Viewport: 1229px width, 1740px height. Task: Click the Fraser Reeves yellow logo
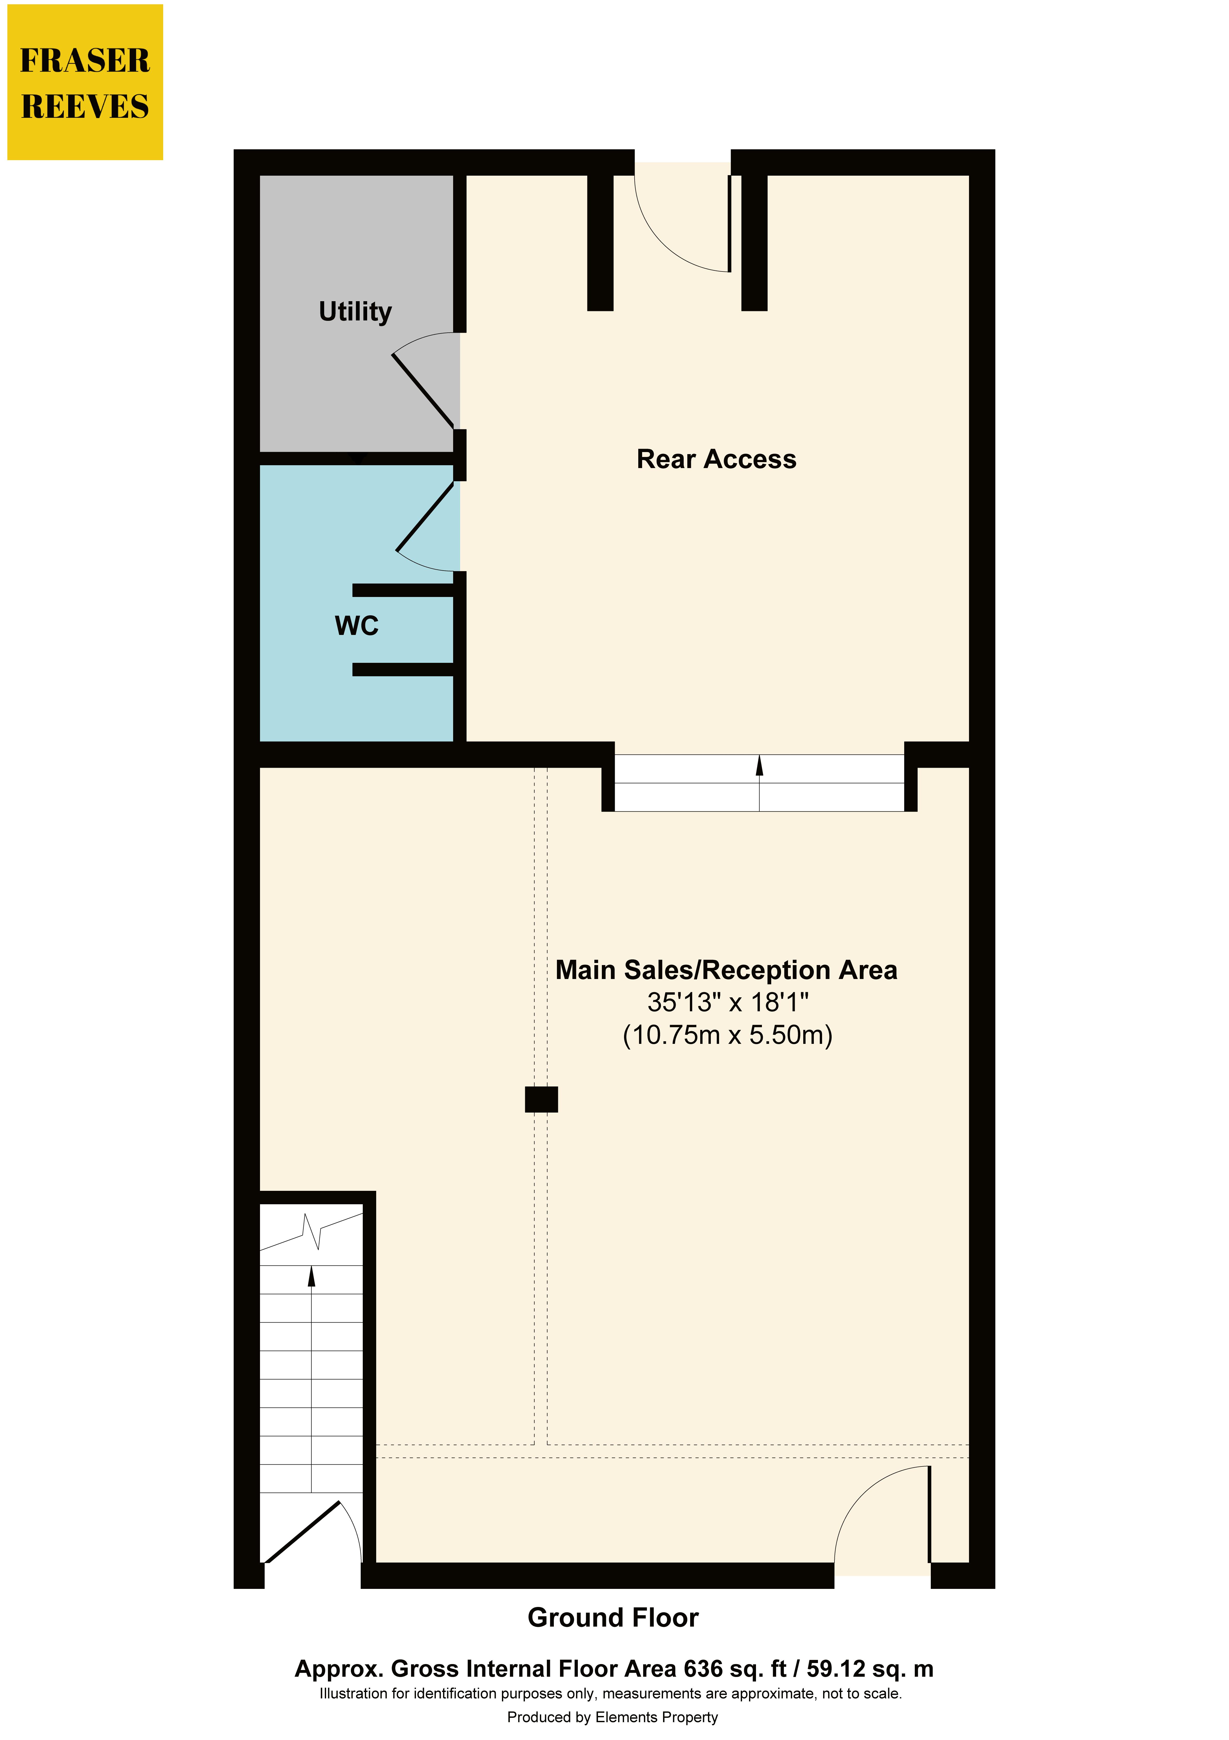coord(85,82)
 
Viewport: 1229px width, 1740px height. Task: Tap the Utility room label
coord(355,312)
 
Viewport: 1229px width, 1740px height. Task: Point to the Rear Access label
coord(716,459)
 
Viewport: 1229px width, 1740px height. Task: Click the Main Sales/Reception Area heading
coord(726,970)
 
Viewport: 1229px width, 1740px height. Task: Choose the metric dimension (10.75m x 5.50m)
coord(727,1035)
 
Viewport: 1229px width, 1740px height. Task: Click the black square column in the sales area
coord(541,1100)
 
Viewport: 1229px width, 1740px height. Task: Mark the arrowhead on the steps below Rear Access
coord(759,765)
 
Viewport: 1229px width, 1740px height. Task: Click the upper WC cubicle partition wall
coord(403,590)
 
